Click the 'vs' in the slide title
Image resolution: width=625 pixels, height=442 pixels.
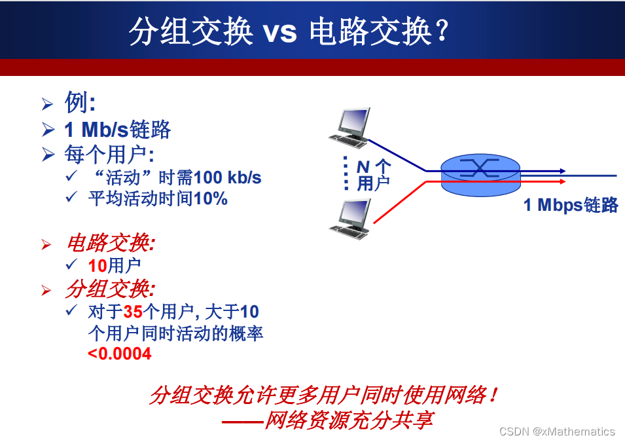point(280,32)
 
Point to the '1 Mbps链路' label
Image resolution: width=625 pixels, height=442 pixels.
point(571,205)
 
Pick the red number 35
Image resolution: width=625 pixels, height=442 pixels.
point(133,311)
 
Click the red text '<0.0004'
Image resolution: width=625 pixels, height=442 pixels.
point(120,354)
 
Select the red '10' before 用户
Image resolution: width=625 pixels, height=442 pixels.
point(98,265)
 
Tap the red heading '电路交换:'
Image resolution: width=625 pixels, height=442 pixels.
point(110,243)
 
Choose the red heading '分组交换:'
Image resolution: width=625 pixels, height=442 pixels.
point(110,289)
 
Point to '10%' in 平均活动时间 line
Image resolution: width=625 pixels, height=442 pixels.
point(210,199)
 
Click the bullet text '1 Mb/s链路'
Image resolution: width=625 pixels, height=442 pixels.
point(117,130)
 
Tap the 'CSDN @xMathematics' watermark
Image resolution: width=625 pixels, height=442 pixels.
point(557,431)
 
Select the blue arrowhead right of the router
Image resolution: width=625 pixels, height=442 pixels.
point(562,171)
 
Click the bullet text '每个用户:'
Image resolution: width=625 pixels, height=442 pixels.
point(109,155)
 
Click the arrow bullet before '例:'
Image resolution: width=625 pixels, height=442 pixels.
point(47,104)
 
